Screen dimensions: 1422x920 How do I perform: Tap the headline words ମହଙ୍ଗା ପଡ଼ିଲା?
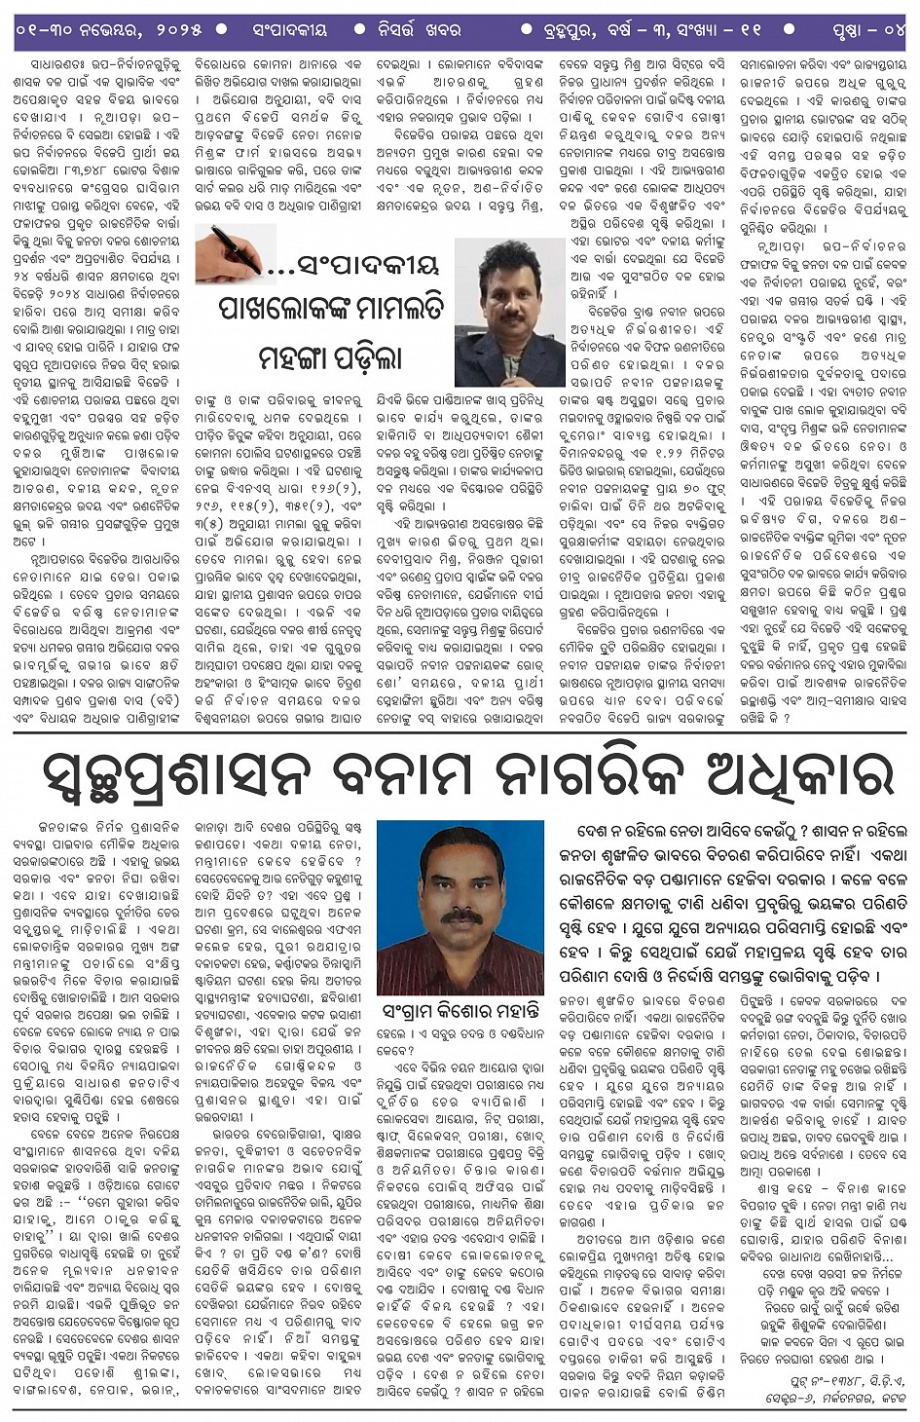(x=331, y=357)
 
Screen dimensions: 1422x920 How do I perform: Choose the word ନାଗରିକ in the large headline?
(x=604, y=776)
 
